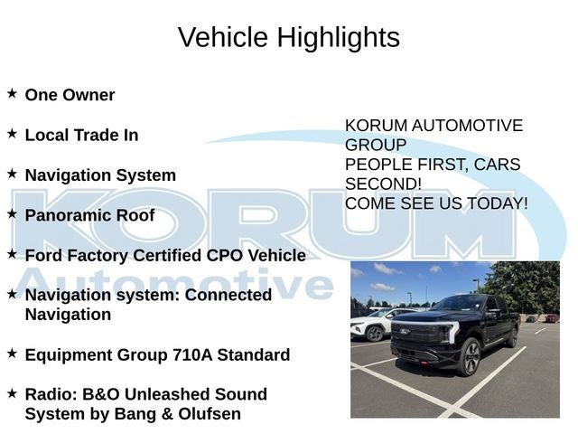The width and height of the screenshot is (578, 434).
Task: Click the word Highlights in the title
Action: point(339,38)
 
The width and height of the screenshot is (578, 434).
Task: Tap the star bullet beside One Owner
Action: point(12,93)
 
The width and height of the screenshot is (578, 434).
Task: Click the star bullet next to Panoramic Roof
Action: point(12,213)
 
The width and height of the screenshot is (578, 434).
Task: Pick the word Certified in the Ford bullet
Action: point(167,255)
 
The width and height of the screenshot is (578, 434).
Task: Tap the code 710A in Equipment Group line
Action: point(192,354)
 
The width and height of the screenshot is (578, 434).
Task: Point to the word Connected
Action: point(228,295)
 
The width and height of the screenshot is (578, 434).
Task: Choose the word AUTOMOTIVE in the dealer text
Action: point(467,126)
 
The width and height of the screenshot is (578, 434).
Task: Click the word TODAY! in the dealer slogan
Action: point(498,203)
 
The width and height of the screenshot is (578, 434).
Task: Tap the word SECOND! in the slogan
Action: point(383,184)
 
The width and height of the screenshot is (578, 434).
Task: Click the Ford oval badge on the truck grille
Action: point(405,332)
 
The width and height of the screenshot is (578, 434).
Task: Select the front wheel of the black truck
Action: point(471,357)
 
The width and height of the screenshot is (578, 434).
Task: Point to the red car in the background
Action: point(552,317)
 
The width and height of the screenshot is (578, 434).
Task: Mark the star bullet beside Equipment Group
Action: point(12,354)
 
